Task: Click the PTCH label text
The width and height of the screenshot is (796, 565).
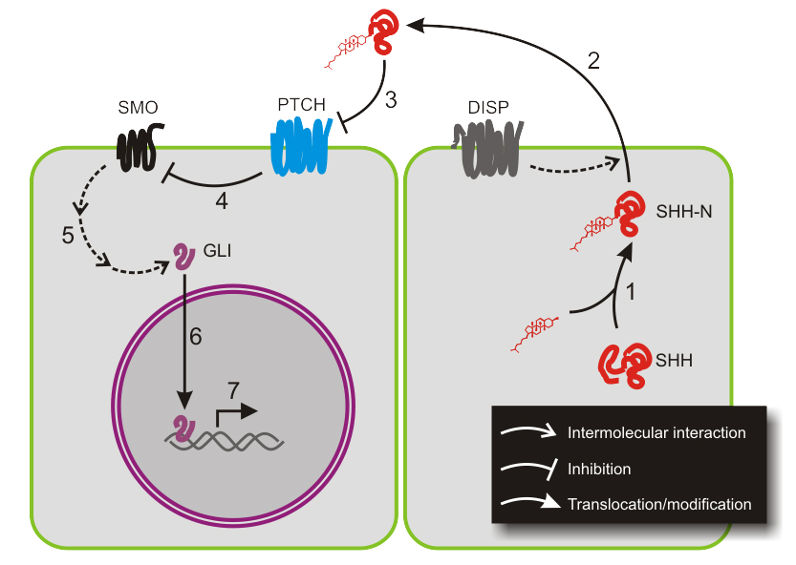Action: pyautogui.click(x=301, y=102)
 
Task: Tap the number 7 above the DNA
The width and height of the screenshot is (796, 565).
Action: pyautogui.click(x=233, y=390)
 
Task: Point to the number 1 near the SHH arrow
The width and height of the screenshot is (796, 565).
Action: pyautogui.click(x=630, y=292)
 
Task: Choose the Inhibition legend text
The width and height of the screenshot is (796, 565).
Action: pyautogui.click(x=599, y=469)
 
